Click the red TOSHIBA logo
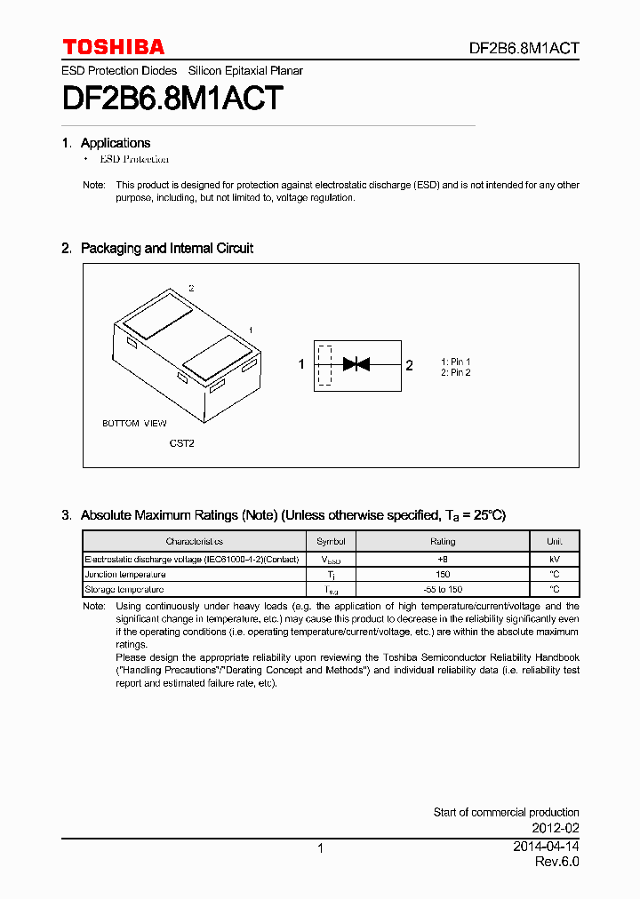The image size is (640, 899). (x=113, y=47)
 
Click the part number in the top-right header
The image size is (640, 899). (x=524, y=49)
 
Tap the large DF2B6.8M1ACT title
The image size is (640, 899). (x=172, y=98)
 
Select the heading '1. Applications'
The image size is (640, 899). (x=106, y=143)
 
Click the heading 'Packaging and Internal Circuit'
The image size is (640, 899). (x=166, y=249)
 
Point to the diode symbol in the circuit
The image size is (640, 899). (x=356, y=363)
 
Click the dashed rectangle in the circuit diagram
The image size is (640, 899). (x=324, y=364)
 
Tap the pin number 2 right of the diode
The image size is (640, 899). (x=409, y=364)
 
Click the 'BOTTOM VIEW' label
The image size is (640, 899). (x=134, y=424)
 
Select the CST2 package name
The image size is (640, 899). (x=181, y=442)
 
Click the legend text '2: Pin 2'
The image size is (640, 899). (x=456, y=372)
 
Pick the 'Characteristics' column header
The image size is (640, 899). (x=194, y=541)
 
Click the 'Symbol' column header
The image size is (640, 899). (x=331, y=541)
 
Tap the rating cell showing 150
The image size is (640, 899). (x=443, y=574)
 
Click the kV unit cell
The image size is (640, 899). (x=554, y=559)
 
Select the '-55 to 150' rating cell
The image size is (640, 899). (x=443, y=589)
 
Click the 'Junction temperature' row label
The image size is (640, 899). (x=125, y=574)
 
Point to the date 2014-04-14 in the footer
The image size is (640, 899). (x=546, y=847)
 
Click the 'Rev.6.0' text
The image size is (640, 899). (x=556, y=863)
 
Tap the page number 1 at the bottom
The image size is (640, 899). (x=320, y=848)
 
